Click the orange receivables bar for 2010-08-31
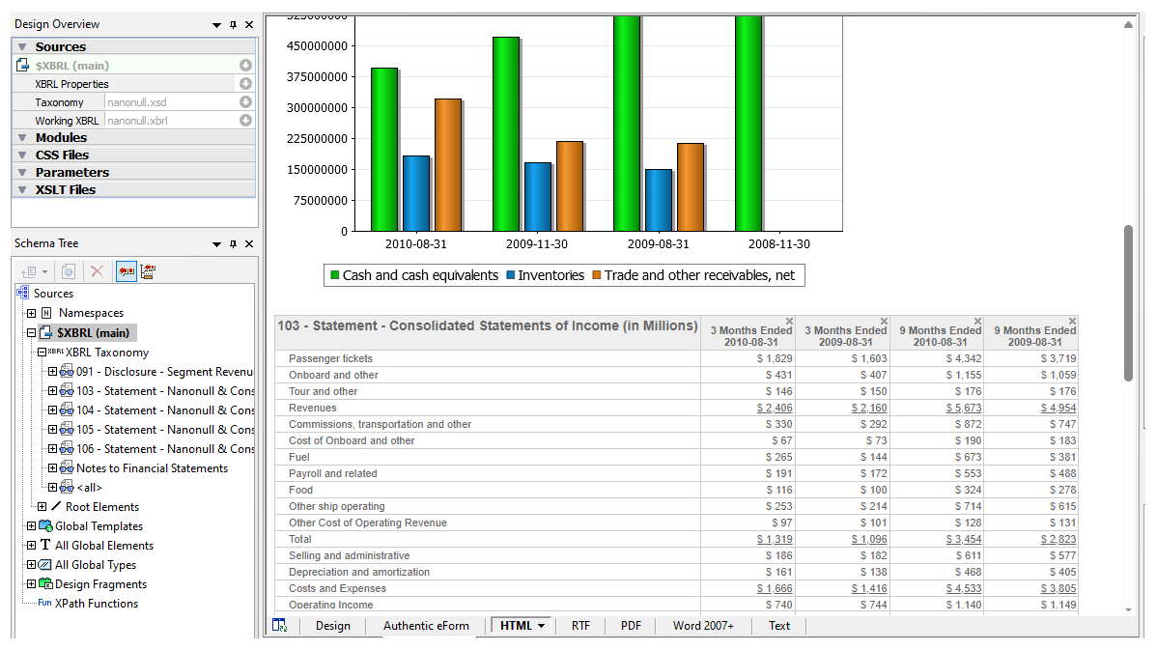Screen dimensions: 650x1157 [447, 164]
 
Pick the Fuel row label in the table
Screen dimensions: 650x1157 [300, 458]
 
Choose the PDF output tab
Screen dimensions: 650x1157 [631, 626]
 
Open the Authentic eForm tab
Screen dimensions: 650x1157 [426, 626]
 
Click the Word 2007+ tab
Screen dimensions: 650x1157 [703, 626]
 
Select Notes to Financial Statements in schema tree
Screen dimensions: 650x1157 [152, 468]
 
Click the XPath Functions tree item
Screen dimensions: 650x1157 [96, 604]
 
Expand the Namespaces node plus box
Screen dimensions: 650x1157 [32, 314]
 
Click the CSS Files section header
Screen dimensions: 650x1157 [62, 155]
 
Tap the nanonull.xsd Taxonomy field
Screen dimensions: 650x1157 [169, 102]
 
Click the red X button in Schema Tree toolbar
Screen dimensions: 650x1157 [97, 272]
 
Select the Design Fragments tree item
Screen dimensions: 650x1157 [100, 584]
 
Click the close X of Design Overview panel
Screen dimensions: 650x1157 [249, 25]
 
